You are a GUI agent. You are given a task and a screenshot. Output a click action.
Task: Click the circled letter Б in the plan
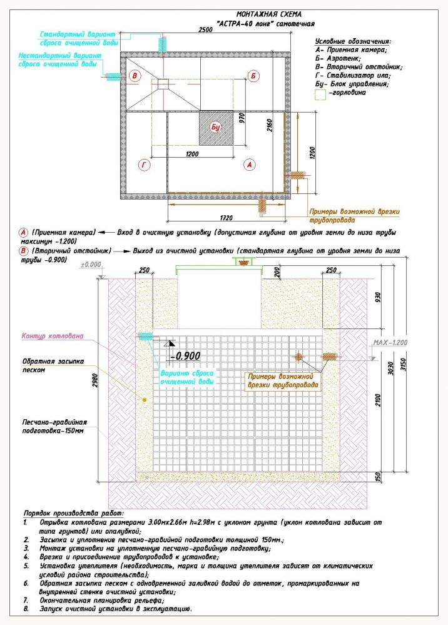[x=253, y=76]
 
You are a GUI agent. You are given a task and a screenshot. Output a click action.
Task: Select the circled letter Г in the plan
[x=145, y=165]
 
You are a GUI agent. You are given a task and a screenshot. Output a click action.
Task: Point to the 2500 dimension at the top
[x=204, y=30]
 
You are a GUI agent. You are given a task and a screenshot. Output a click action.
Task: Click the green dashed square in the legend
[x=321, y=94]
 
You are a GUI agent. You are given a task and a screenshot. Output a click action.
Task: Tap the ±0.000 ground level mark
[x=92, y=265]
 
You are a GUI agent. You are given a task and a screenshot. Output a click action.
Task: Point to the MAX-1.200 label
[x=390, y=343]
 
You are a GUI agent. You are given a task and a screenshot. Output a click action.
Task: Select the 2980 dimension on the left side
[x=96, y=375]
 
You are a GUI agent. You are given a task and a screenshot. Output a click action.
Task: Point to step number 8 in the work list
[x=26, y=609]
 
